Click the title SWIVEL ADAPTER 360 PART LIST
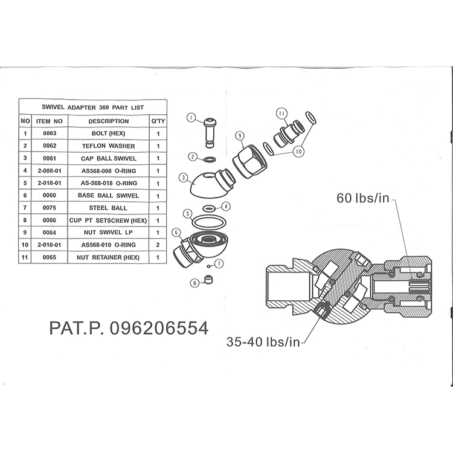[93, 108]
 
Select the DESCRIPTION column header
[108, 121]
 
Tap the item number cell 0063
[50, 133]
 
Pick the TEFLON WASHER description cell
[108, 146]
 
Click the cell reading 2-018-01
[50, 183]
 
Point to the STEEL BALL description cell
[108, 208]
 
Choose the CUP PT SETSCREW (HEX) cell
[108, 220]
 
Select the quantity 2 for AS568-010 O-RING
[158, 245]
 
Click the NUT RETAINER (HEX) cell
[108, 257]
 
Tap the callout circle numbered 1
[191, 118]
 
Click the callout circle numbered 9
[240, 135]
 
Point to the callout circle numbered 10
[298, 151]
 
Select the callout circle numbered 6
[176, 232]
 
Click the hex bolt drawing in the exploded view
[210, 133]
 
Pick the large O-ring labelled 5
[209, 222]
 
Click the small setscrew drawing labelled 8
[208, 279]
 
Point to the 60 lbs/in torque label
[363, 198]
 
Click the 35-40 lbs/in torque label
[263, 342]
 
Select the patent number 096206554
[159, 328]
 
